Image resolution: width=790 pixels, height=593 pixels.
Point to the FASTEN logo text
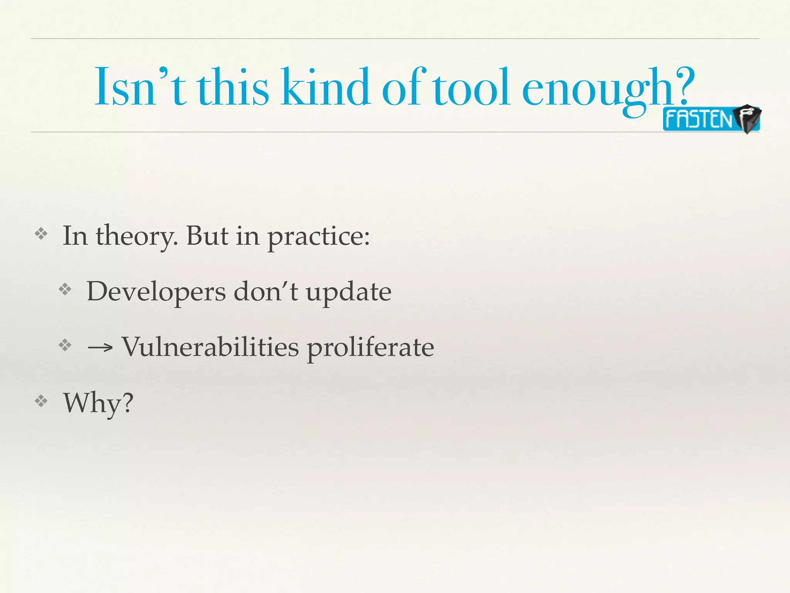[699, 119]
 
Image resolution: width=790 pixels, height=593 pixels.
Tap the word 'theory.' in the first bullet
[137, 236]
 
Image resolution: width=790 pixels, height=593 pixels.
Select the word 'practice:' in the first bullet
[319, 237]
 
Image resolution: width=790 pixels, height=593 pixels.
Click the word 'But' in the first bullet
[207, 236]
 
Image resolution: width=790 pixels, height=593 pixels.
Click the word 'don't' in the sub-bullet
[266, 291]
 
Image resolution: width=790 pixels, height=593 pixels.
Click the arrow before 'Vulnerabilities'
[100, 348]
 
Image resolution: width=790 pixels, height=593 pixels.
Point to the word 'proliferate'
[370, 348]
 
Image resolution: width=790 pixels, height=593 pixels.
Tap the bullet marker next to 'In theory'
[41, 234]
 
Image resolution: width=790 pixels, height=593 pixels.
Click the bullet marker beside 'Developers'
[65, 290]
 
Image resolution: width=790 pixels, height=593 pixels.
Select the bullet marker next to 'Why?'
[41, 402]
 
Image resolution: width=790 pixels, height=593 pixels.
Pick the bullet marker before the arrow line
[65, 345]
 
